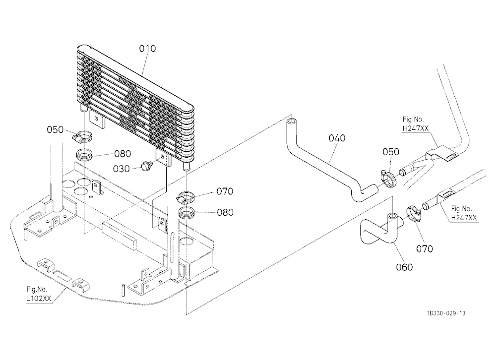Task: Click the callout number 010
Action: click(x=147, y=49)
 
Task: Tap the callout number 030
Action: click(x=122, y=169)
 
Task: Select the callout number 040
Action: click(x=337, y=138)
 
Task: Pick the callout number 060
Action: click(x=404, y=267)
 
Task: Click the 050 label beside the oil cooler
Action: click(x=55, y=130)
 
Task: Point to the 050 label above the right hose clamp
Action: click(x=391, y=152)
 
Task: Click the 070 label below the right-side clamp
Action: click(x=424, y=249)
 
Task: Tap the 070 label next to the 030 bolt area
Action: click(x=225, y=191)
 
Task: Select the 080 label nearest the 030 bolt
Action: click(x=123, y=154)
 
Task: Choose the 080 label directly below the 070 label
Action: click(x=225, y=212)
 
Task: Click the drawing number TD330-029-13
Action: click(x=446, y=313)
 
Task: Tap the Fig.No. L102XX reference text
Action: click(x=38, y=294)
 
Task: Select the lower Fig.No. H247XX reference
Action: click(x=464, y=213)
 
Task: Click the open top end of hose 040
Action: click(x=292, y=121)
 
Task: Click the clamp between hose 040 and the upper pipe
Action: click(x=388, y=178)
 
